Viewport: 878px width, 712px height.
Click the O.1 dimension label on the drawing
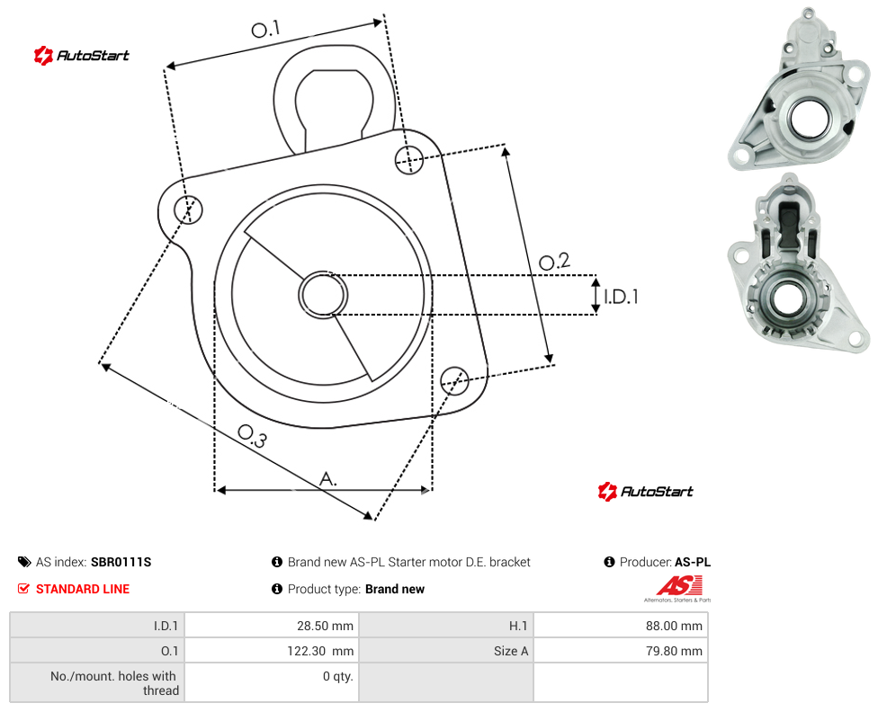265,29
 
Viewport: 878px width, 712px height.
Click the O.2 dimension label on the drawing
554,262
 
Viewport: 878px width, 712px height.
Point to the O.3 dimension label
252,436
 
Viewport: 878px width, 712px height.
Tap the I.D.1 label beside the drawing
621,296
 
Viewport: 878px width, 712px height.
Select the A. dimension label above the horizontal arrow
328,479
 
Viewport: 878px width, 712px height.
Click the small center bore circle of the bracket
323,295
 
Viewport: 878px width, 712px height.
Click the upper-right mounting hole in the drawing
409,159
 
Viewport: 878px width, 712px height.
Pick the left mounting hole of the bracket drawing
188,209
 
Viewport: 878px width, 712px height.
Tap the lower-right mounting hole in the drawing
454,381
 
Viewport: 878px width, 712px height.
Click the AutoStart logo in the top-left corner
82,56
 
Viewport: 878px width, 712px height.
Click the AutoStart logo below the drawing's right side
646,492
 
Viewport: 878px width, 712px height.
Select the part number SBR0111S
121,562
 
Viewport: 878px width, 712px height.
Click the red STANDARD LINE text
83,589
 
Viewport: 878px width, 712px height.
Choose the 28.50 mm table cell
272,626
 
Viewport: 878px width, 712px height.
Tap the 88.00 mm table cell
621,626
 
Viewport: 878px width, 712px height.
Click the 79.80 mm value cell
621,651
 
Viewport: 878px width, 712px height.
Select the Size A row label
511,651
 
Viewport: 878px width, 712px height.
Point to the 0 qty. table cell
272,682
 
